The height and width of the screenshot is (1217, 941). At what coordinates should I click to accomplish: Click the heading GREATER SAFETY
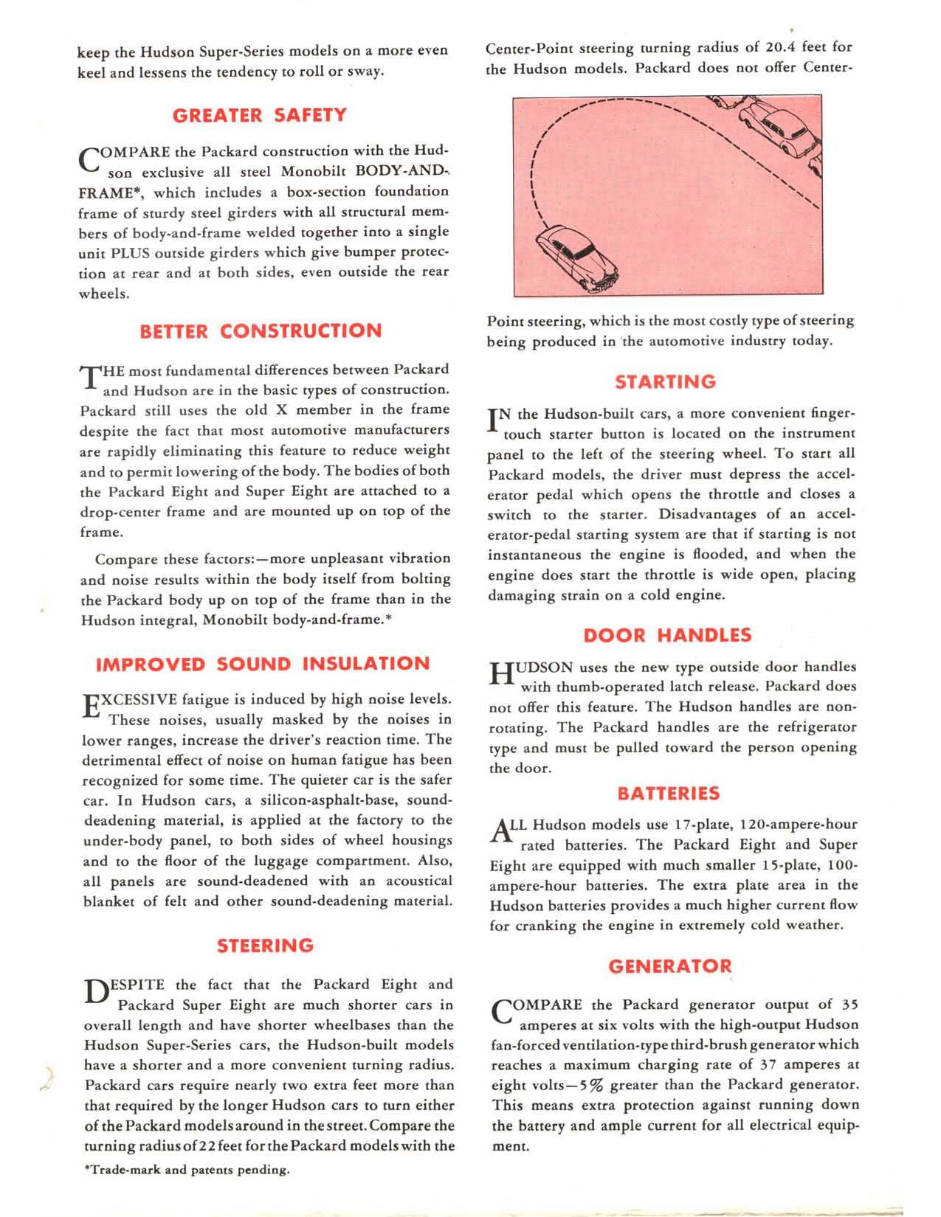tap(259, 115)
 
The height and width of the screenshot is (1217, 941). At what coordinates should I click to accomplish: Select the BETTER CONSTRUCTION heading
tap(261, 331)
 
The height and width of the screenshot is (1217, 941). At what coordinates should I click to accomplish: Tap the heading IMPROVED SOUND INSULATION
tap(263, 664)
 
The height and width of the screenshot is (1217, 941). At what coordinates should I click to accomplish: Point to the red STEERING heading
tap(265, 946)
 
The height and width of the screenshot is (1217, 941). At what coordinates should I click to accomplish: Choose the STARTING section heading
tap(666, 382)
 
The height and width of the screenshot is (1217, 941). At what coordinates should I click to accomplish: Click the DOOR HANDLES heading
tap(667, 635)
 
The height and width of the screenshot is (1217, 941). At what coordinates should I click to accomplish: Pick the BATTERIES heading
tap(668, 794)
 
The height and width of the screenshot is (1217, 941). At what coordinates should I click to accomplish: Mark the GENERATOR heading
tap(670, 966)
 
